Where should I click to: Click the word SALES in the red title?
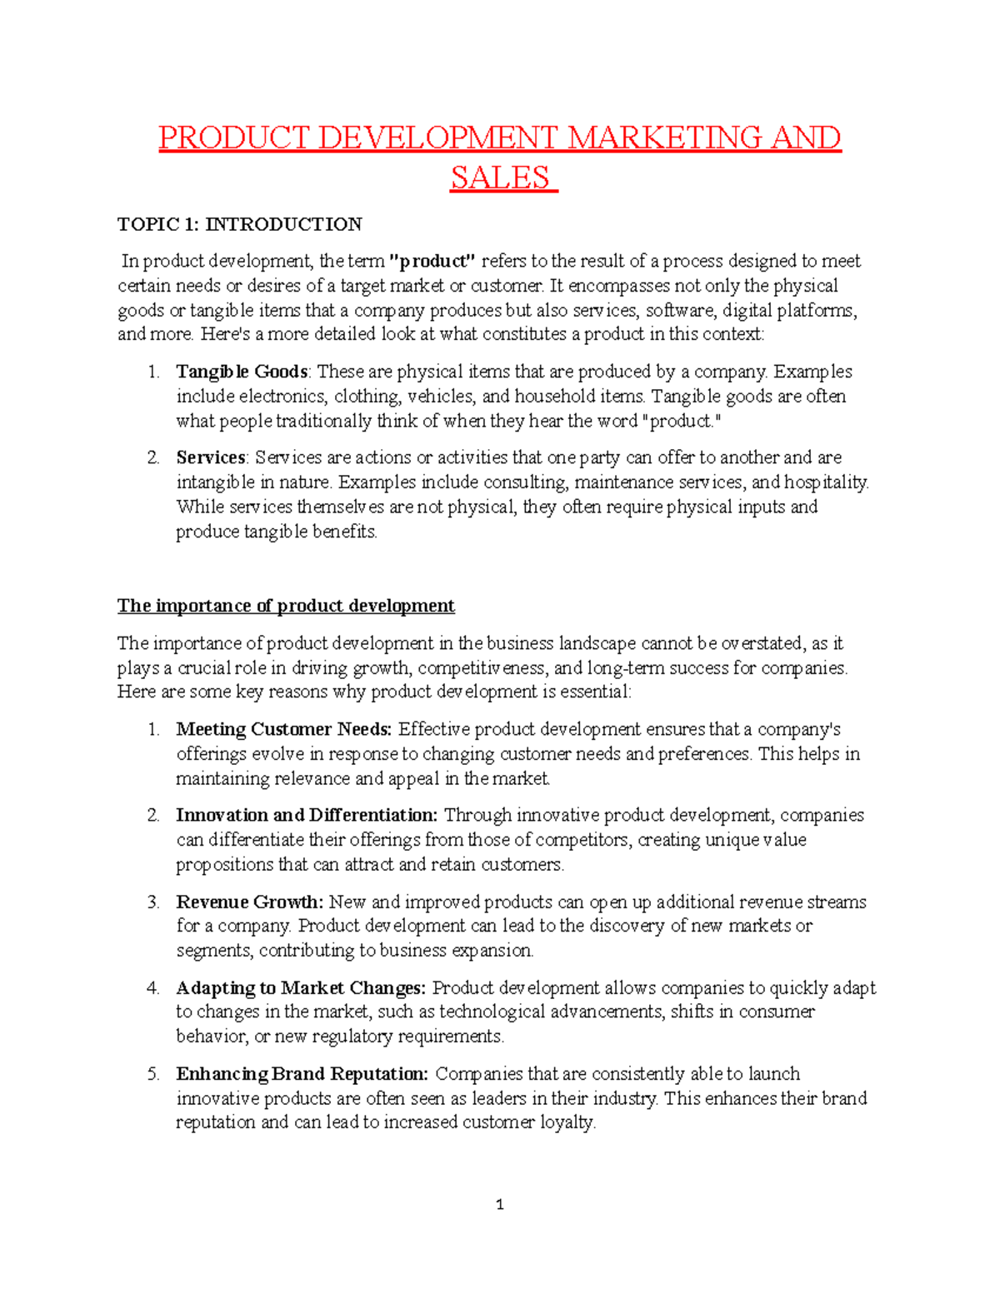[x=500, y=177]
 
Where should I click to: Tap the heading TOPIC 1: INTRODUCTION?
[x=239, y=224]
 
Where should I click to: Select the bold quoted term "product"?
[x=432, y=261]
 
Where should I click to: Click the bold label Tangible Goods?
[x=242, y=372]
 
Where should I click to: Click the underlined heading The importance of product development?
[x=286, y=606]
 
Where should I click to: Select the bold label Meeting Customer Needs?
[x=283, y=729]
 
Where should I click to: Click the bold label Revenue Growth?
[x=249, y=902]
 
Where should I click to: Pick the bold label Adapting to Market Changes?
[x=301, y=988]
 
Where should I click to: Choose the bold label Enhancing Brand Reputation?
[x=302, y=1074]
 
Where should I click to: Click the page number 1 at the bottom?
[x=499, y=1204]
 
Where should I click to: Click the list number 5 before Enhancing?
[x=153, y=1074]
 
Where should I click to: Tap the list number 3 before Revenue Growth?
[x=153, y=902]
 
